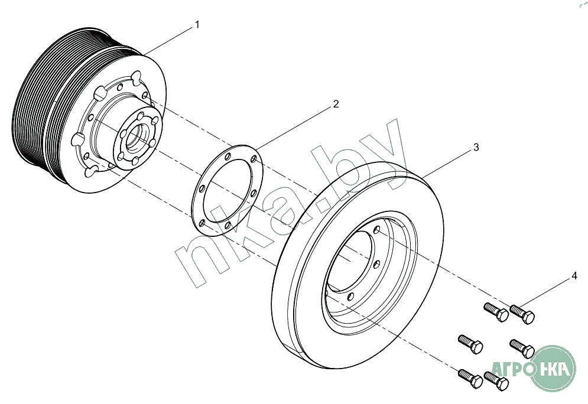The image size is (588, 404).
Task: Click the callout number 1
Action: (x=197, y=25)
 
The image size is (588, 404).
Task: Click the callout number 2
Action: (x=336, y=104)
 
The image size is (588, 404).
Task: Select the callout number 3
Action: (x=476, y=147)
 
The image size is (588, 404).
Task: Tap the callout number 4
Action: (x=574, y=276)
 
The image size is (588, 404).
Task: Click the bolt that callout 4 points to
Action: (x=522, y=314)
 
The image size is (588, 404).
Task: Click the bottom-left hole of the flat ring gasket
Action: (x=203, y=223)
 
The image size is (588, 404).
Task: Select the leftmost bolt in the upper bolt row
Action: (x=496, y=312)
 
